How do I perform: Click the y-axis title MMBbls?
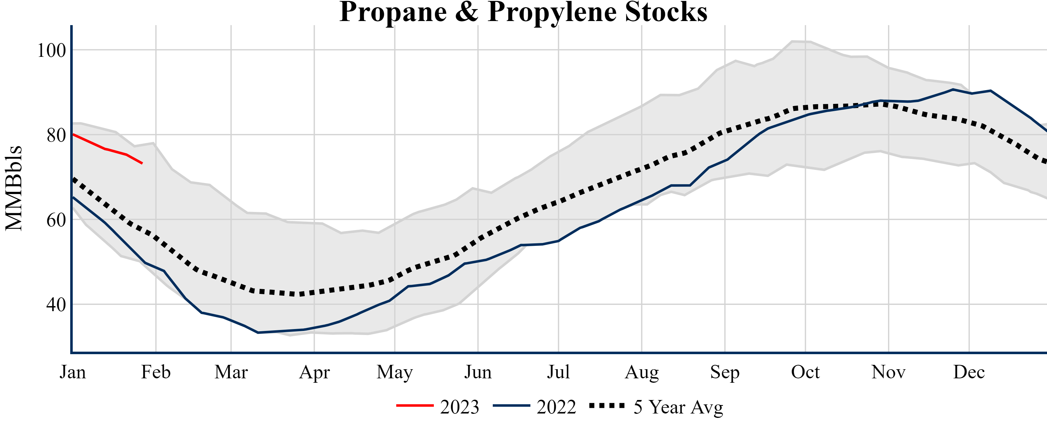pyautogui.click(x=14, y=188)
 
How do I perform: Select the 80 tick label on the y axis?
pyautogui.click(x=56, y=135)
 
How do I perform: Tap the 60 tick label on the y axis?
pyautogui.click(x=56, y=220)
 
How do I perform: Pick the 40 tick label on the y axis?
pyautogui.click(x=56, y=305)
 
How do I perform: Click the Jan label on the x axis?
pyautogui.click(x=73, y=372)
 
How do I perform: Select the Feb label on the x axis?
pyautogui.click(x=156, y=372)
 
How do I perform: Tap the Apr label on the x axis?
pyautogui.click(x=314, y=372)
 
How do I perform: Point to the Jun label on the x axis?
pyautogui.click(x=478, y=372)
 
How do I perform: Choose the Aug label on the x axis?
pyautogui.click(x=642, y=372)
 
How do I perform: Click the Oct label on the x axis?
pyautogui.click(x=805, y=372)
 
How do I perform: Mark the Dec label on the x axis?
pyautogui.click(x=969, y=372)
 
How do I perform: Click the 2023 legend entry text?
pyautogui.click(x=460, y=407)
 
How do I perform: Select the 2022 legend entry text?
pyautogui.click(x=556, y=407)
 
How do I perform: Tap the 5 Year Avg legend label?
pyautogui.click(x=678, y=407)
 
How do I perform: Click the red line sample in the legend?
pyautogui.click(x=415, y=405)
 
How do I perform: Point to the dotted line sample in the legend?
pyautogui.click(x=607, y=405)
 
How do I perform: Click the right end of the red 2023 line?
pyautogui.click(x=142, y=163)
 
